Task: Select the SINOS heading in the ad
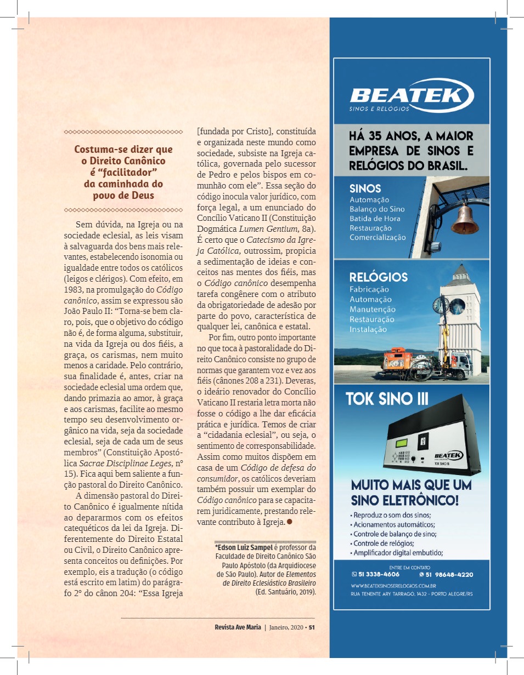(x=365, y=188)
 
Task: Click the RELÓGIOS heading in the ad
(x=379, y=277)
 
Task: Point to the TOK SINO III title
(x=387, y=399)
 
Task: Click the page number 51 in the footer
(x=311, y=628)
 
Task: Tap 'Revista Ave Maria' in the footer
(x=238, y=628)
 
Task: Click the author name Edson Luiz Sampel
(x=240, y=547)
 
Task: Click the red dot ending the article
(x=289, y=522)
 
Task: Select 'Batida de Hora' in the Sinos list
(x=375, y=218)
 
